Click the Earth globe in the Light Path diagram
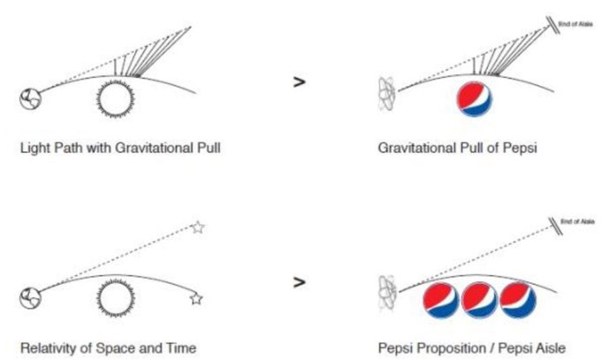click(29, 97)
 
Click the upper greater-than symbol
click(300, 81)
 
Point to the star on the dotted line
click(198, 228)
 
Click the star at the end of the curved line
click(196, 299)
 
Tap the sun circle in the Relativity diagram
click(115, 299)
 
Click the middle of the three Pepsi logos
click(480, 300)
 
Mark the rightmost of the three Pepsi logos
click(518, 300)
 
